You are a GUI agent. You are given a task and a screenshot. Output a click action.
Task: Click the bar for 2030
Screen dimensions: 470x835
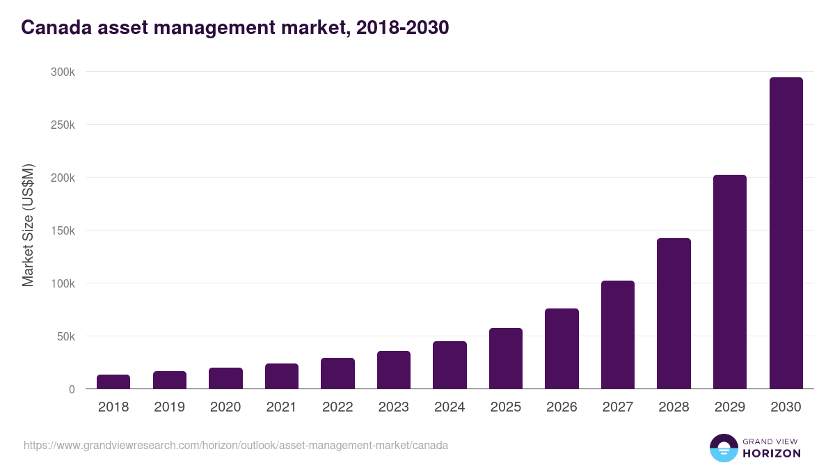click(786, 233)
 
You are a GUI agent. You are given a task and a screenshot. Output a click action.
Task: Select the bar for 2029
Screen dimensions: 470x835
click(729, 282)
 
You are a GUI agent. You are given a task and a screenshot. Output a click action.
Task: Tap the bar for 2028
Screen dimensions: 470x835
click(674, 313)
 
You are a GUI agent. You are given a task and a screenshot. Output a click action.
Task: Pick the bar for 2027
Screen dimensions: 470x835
click(618, 335)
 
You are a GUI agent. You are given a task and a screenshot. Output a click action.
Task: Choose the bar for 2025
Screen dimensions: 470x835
click(506, 359)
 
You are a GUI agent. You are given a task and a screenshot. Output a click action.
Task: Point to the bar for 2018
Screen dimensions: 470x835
click(113, 382)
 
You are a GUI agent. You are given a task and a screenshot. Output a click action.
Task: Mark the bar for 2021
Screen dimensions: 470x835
click(282, 376)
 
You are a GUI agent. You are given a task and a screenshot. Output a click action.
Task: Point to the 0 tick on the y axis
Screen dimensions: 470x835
click(72, 389)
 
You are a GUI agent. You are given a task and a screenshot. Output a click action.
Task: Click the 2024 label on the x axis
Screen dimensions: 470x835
click(450, 407)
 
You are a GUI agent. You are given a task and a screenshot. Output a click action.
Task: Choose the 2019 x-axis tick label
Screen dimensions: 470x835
click(169, 407)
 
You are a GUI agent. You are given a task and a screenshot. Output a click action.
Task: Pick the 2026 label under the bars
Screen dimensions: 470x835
click(562, 407)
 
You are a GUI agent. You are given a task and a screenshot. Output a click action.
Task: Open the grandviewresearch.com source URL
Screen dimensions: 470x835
click(236, 445)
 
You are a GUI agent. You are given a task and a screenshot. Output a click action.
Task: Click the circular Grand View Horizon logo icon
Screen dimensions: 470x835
click(724, 448)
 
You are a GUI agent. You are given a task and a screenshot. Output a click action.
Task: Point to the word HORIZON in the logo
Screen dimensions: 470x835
click(772, 453)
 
